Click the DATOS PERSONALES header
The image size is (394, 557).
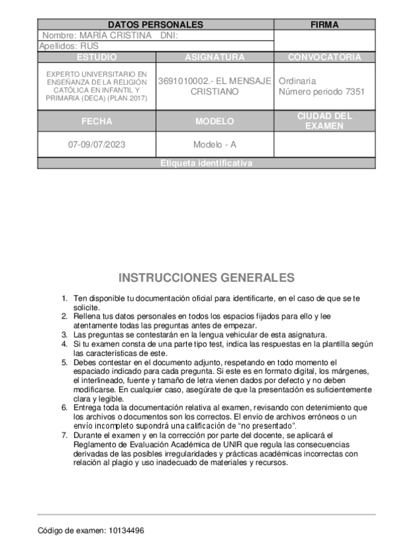coord(155,25)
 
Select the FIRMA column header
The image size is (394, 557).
coord(324,25)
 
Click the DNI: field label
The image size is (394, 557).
coord(170,35)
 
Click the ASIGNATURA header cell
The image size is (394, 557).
coord(214,57)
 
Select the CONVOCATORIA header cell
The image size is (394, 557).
coord(324,57)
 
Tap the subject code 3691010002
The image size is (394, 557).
coord(183,81)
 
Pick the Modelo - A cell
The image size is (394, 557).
coord(214,145)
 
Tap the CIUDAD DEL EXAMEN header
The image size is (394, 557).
coord(324,121)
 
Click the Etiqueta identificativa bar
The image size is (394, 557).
coord(206,164)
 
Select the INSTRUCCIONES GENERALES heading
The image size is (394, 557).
coord(206,278)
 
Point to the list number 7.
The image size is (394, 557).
coord(64,435)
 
